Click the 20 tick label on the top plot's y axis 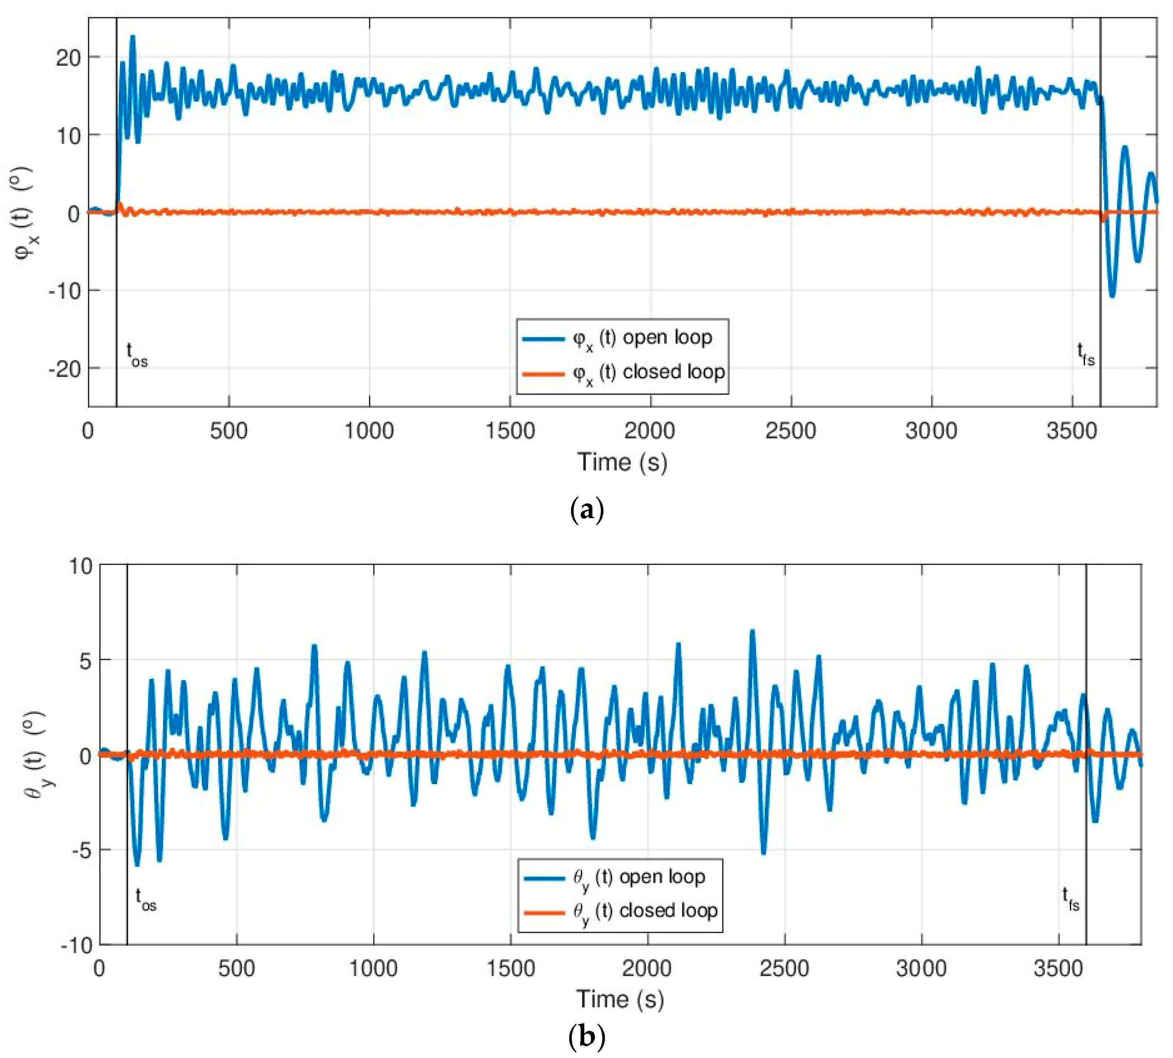(68, 57)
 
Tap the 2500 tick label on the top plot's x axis (790, 431)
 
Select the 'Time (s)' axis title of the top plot (622, 462)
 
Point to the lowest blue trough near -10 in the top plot (1112, 295)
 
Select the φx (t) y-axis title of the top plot (24, 212)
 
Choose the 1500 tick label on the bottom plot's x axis (511, 969)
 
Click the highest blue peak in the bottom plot (752, 631)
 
